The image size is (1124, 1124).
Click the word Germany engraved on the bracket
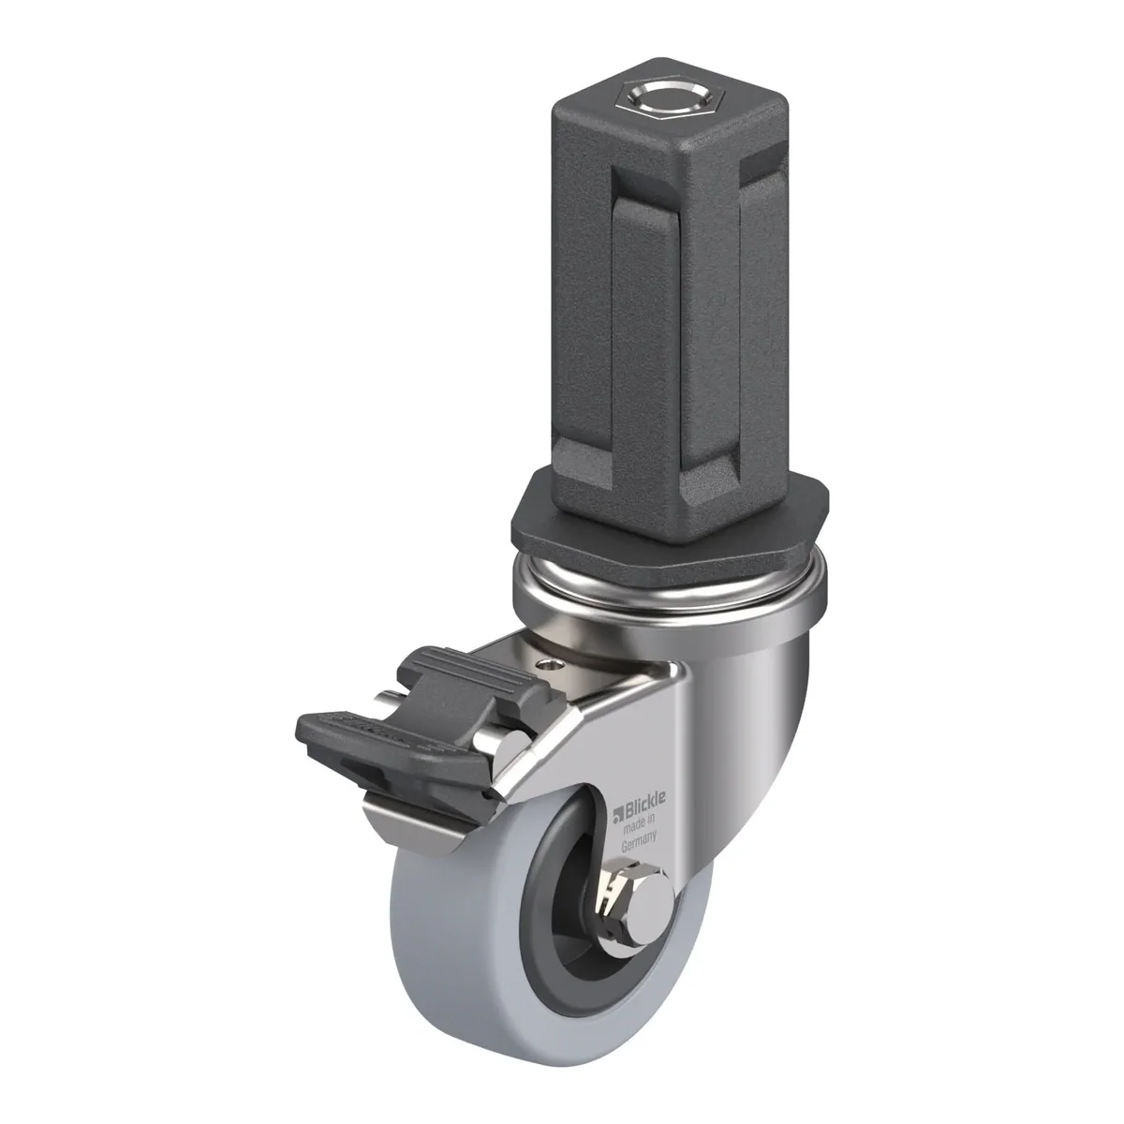click(x=639, y=840)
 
